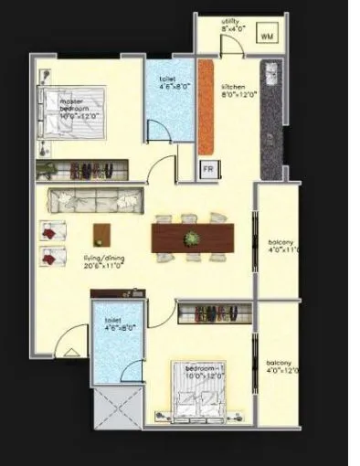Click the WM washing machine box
click(x=267, y=36)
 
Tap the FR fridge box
click(x=207, y=170)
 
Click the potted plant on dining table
click(x=191, y=239)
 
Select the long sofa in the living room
click(x=95, y=201)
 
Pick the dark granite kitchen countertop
click(x=270, y=114)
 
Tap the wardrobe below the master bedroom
click(x=83, y=170)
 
